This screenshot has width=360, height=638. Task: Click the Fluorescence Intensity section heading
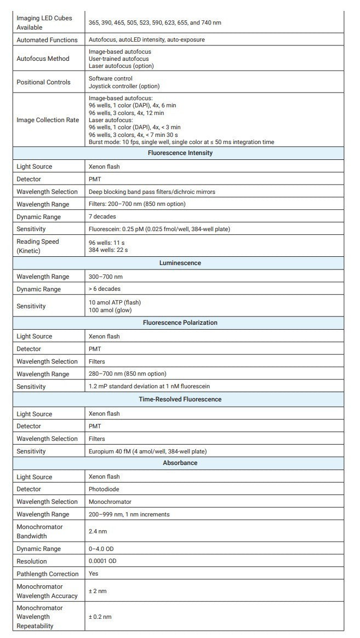tap(180, 153)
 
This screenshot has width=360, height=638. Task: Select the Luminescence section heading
tap(180, 263)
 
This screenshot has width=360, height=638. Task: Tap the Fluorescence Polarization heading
tap(180, 323)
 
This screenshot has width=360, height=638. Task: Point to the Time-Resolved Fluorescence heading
tap(180, 400)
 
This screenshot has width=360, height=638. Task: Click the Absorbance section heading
tap(180, 463)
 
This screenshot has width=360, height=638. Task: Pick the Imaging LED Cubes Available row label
tap(36, 22)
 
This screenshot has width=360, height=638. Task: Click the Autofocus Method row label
tap(43, 59)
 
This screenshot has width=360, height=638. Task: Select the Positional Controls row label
tap(43, 82)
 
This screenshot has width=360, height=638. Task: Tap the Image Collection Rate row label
tap(48, 120)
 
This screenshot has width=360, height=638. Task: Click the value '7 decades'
tap(102, 217)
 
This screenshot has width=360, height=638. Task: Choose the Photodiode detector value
tap(104, 490)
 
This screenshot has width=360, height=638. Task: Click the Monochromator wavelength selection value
tap(110, 502)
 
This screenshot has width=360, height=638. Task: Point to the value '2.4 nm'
tap(98, 532)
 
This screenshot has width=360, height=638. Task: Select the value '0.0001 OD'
tap(102, 561)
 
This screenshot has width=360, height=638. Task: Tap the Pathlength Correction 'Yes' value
tap(93, 574)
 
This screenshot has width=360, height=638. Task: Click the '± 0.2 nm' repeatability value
tap(100, 617)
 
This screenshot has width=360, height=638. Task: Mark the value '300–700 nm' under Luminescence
tap(106, 277)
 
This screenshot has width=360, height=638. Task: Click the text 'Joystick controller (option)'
tap(124, 86)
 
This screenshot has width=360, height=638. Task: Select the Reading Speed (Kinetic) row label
tap(38, 246)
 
